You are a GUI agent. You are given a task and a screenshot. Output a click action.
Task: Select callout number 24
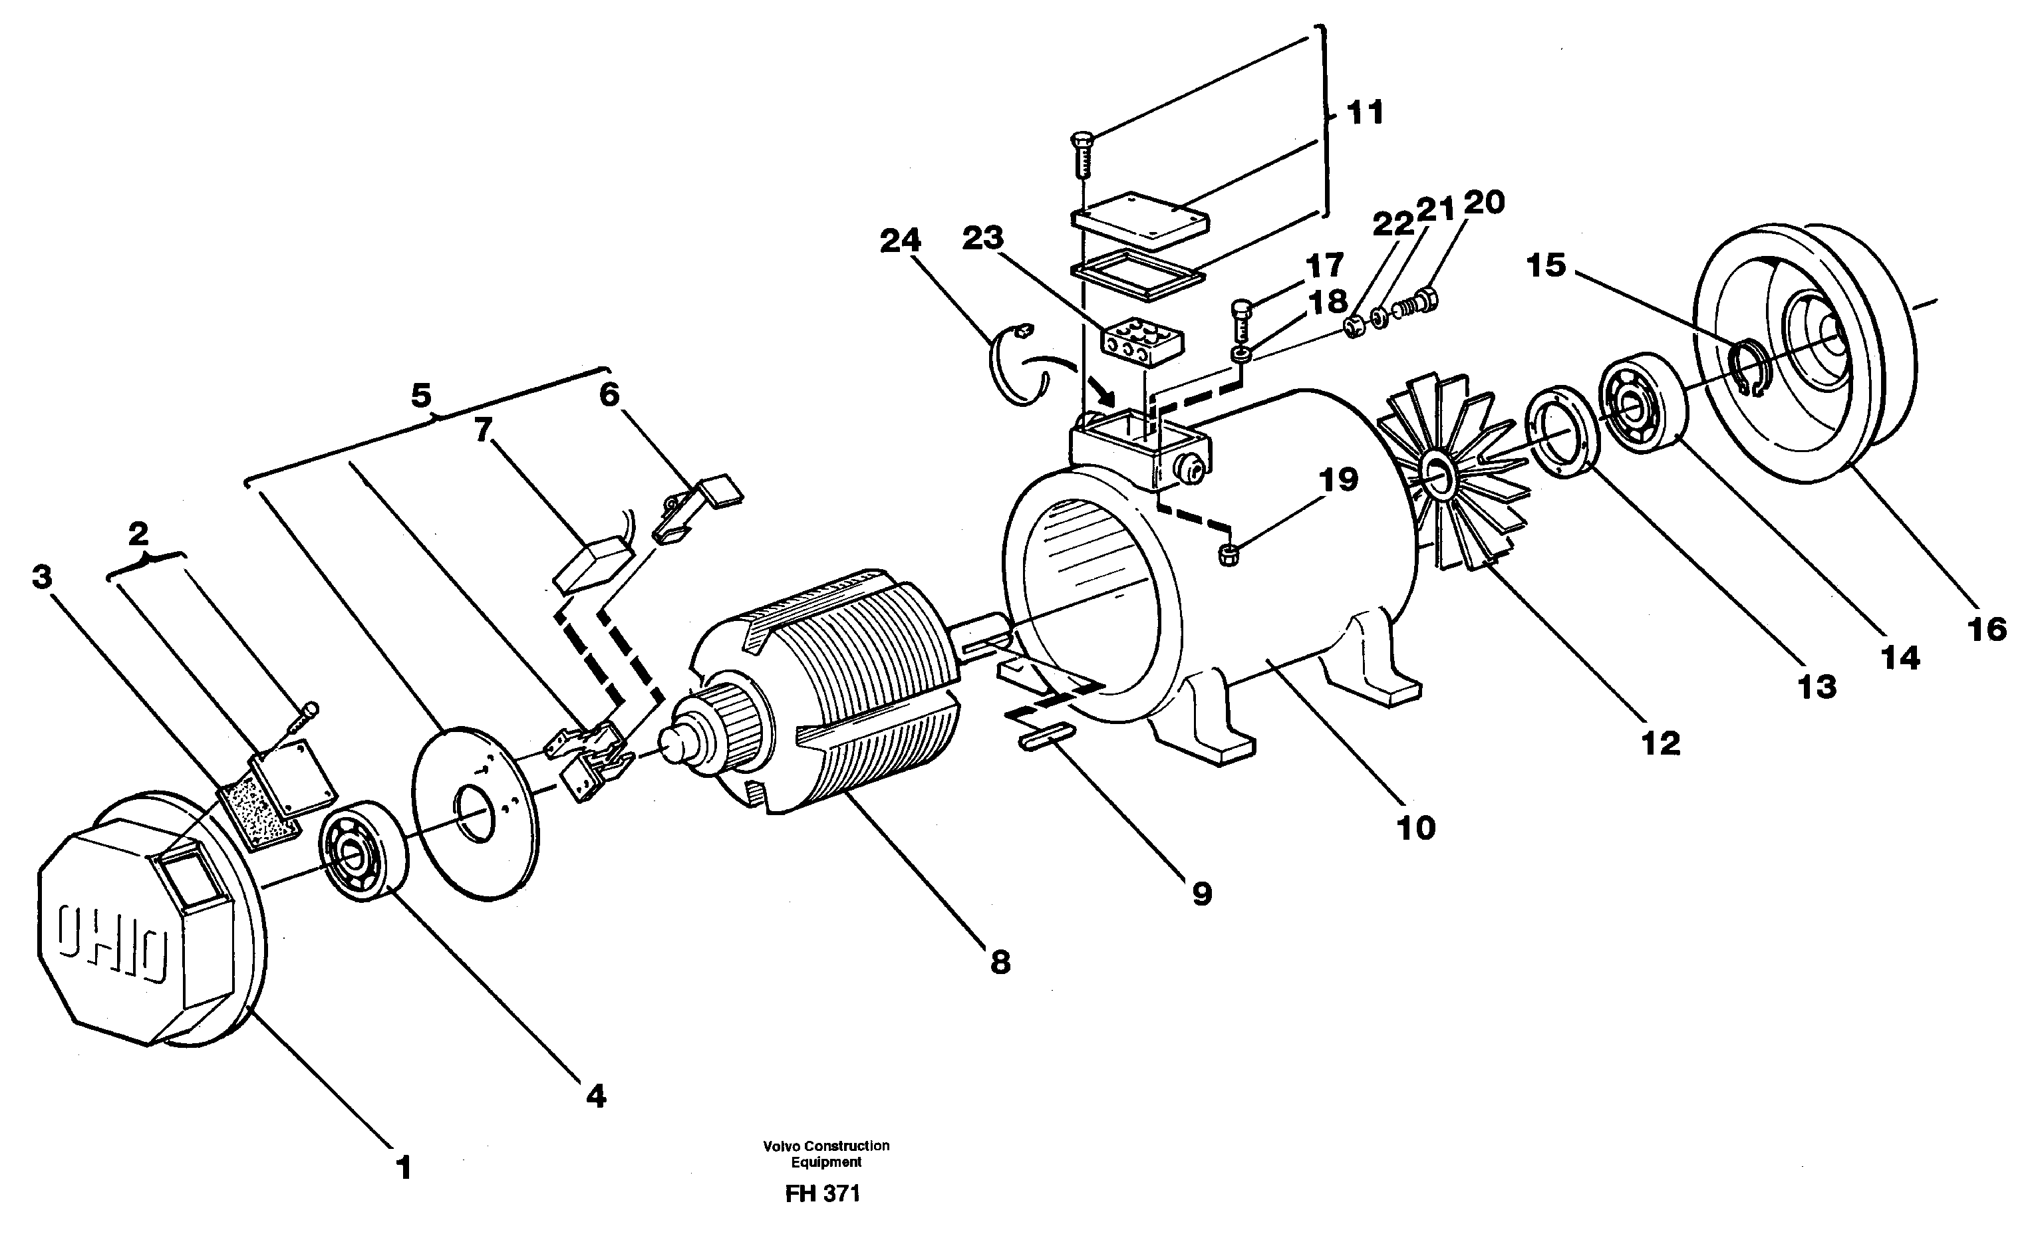coord(900,241)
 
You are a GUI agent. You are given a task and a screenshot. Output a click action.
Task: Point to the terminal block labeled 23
coord(1141,341)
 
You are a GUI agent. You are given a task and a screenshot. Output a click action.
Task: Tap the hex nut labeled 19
coord(1229,555)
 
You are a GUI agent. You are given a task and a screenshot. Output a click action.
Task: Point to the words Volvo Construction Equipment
coord(825,1154)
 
